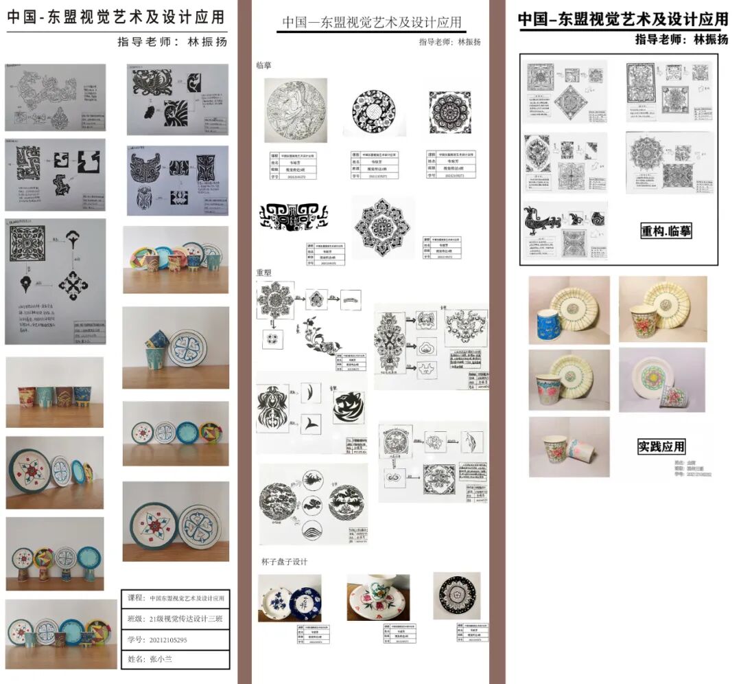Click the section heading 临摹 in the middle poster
tap(264, 66)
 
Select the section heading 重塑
tap(264, 273)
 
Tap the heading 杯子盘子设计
tap(284, 562)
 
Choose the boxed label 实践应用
tap(661, 446)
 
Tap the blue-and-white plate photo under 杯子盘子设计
tap(289, 598)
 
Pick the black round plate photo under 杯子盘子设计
tap(456, 595)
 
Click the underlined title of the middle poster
tap(373, 23)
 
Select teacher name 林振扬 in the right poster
tap(710, 39)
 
